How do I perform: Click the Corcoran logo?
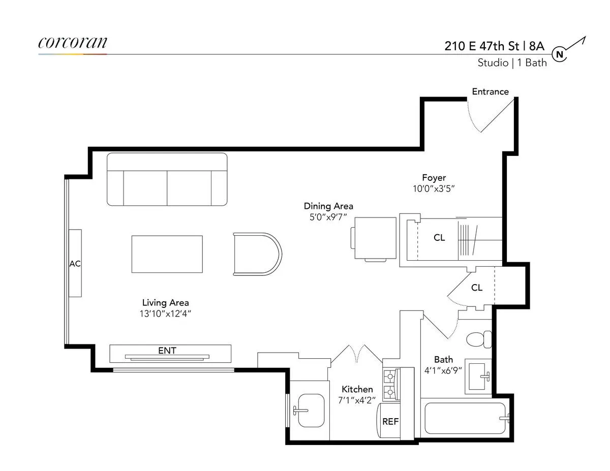[x=73, y=43]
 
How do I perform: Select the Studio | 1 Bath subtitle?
[x=512, y=63]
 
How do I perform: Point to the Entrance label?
[x=490, y=92]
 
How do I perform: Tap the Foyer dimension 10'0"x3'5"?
[x=434, y=189]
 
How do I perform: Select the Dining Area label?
[x=328, y=206]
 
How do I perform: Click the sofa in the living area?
[x=167, y=179]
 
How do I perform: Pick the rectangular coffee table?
[x=167, y=254]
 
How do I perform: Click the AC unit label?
[x=75, y=263]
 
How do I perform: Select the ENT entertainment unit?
[x=170, y=353]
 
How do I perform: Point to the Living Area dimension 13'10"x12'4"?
[x=166, y=313]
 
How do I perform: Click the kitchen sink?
[x=310, y=410]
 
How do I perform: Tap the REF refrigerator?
[x=390, y=422]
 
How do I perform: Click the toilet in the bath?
[x=479, y=339]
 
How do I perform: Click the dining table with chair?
[x=374, y=239]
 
